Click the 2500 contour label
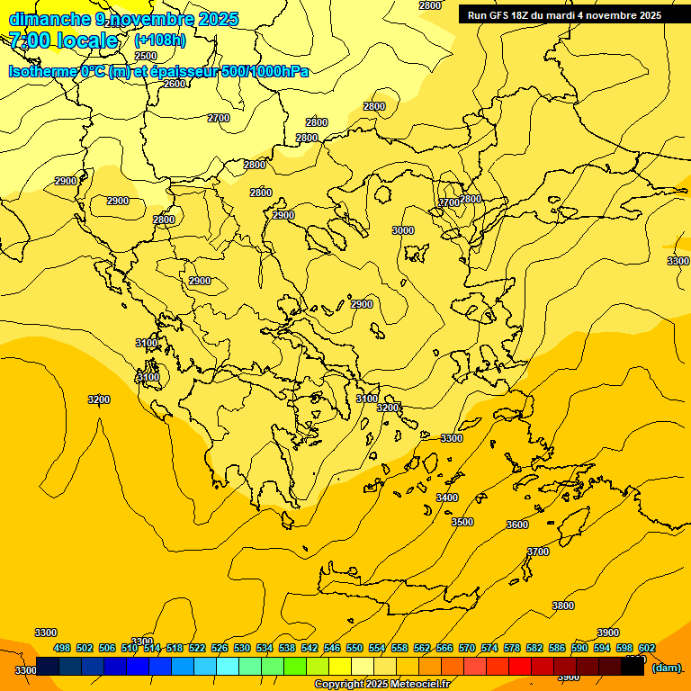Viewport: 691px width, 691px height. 146,56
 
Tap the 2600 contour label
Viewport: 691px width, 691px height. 175,84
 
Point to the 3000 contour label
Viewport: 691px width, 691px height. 403,230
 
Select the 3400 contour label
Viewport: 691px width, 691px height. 447,498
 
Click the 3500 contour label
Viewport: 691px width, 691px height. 462,522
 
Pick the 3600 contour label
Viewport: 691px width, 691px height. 517,525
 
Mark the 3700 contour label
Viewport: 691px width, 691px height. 538,552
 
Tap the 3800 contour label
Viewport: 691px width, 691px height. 563,606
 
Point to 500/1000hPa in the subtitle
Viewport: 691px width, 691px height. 265,71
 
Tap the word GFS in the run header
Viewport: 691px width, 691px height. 505,15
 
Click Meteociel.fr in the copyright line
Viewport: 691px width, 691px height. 416,685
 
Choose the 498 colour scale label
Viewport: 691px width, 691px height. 62,648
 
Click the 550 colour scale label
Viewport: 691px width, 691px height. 354,648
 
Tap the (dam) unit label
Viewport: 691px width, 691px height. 667,668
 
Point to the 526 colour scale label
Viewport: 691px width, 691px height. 220,648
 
